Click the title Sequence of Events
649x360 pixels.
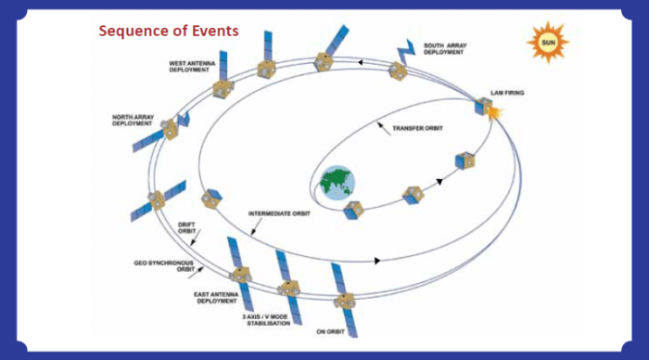coord(170,31)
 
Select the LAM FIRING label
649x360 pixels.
coord(509,93)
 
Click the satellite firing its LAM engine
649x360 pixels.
coord(482,109)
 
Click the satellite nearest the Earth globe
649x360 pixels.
coord(352,212)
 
